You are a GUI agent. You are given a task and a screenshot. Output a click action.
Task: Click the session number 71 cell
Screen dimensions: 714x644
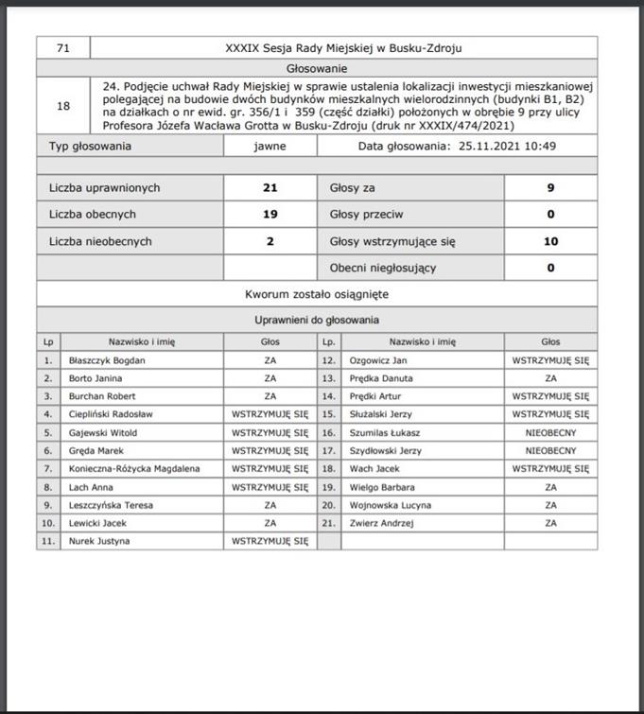click(63, 47)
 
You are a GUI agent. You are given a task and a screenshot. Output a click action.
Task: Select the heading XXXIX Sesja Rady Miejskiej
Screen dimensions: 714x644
click(343, 47)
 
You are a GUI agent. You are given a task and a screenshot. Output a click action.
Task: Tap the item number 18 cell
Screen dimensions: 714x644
click(63, 106)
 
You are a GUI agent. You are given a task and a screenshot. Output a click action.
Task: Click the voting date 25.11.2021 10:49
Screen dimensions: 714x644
click(507, 147)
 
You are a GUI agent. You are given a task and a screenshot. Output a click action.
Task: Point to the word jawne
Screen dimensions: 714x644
click(270, 147)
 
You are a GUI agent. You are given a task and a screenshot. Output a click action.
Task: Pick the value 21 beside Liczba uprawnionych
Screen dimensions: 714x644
click(270, 188)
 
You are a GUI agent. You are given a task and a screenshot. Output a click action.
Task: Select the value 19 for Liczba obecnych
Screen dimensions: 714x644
click(270, 215)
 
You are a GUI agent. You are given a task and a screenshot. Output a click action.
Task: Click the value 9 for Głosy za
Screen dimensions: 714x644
click(550, 188)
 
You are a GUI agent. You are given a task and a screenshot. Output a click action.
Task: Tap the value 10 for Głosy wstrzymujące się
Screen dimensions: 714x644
click(550, 241)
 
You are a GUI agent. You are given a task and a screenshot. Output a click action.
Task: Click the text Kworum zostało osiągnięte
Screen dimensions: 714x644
click(317, 294)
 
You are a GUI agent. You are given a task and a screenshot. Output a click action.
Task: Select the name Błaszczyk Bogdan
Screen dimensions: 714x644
click(107, 360)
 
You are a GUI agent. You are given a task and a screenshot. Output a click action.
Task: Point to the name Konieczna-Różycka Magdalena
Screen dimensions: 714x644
click(133, 468)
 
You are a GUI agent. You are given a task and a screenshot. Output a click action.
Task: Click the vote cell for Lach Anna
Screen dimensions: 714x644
click(270, 487)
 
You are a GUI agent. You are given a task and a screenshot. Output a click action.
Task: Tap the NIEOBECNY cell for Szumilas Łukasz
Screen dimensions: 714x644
click(550, 432)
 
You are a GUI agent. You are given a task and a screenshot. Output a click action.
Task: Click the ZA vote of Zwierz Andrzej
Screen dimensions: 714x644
click(550, 523)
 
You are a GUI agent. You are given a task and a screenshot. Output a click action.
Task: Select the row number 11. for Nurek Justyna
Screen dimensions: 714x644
click(48, 541)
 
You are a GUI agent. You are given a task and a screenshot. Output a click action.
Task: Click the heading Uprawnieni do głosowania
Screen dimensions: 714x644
click(317, 321)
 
